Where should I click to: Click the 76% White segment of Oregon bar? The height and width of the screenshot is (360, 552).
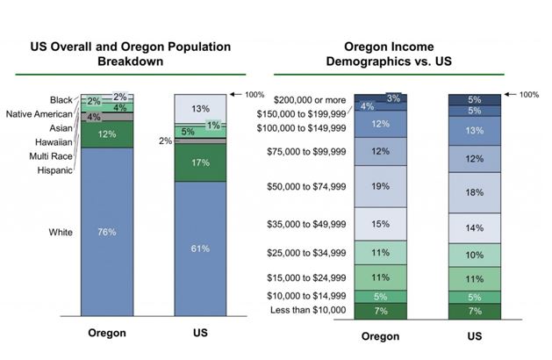pos(106,232)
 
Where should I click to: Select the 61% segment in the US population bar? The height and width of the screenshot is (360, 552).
pos(201,248)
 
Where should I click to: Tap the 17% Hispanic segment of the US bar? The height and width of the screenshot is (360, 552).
pos(201,162)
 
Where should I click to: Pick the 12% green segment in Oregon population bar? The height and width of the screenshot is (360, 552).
pos(106,134)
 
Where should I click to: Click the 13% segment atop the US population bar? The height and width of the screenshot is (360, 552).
pos(201,109)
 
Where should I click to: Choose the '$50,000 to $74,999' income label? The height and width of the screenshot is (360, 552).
pos(305,187)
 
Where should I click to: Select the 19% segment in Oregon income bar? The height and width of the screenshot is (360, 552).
pos(381,186)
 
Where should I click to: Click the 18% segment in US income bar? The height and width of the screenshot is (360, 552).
pos(475,192)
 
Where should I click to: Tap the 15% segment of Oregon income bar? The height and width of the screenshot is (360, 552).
pos(381,225)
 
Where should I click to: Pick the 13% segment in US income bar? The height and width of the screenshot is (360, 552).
pos(475,131)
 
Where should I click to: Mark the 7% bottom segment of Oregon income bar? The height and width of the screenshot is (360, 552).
pos(381,311)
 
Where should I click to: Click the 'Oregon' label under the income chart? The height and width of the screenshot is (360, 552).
pos(380,336)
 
